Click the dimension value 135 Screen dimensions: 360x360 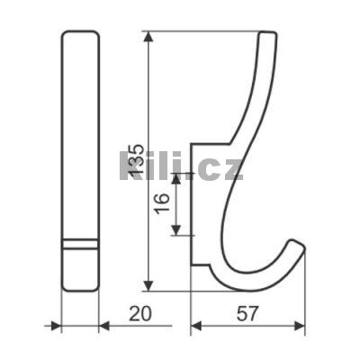[135, 160]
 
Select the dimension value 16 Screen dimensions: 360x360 [163, 203]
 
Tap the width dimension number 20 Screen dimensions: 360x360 [140, 314]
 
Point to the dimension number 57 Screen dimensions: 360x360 [247, 314]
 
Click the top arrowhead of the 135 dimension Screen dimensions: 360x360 [149, 37]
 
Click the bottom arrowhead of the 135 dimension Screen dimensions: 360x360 [149, 285]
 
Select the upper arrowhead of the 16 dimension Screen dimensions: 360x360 [176, 178]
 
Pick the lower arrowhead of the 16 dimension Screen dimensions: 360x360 [176, 230]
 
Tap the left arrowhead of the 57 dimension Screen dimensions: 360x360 [196, 326]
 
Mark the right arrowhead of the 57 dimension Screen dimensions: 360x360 [300, 326]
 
